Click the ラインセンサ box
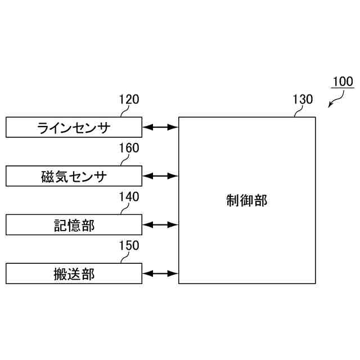click(x=74, y=127)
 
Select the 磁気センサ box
click(x=74, y=176)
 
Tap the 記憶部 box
click(x=74, y=225)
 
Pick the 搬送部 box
click(x=74, y=274)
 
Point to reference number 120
click(x=129, y=100)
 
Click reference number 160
click(x=129, y=148)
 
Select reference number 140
click(x=129, y=197)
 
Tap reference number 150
click(x=129, y=246)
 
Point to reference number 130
click(x=303, y=100)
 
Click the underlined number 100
click(x=342, y=82)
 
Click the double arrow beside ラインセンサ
click(x=160, y=127)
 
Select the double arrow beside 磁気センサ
click(x=160, y=176)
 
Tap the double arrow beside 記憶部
click(x=160, y=225)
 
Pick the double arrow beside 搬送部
click(x=160, y=274)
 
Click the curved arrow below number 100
click(x=336, y=100)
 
